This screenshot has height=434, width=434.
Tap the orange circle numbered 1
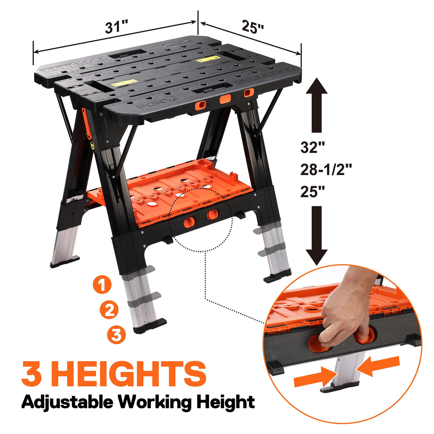click(x=102, y=285)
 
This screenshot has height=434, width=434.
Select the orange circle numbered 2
click(x=109, y=310)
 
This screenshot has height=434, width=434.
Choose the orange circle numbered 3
click(x=117, y=335)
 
